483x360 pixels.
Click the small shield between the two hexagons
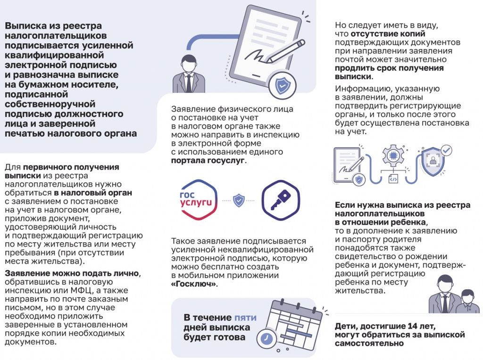point(239,201)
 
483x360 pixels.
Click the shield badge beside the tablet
point(282,85)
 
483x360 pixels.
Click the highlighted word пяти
point(245,318)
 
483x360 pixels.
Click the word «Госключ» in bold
point(193,285)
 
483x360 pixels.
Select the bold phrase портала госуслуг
point(208,161)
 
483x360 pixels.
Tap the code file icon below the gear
point(393,179)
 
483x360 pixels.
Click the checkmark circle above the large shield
point(446,150)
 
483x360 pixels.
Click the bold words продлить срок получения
point(383,68)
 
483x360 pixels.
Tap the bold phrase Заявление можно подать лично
point(72,273)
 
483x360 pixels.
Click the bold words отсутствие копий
point(387,34)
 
